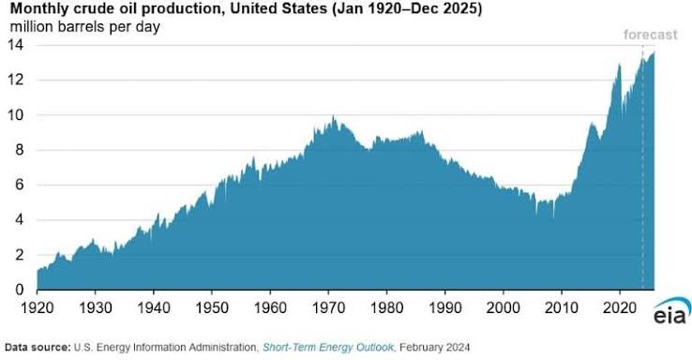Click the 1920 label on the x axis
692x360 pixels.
[x=38, y=307]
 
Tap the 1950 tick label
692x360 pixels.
[x=212, y=307]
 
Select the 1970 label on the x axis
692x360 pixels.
[x=328, y=307]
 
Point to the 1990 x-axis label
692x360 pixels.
[x=445, y=307]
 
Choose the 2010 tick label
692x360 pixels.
[x=562, y=307]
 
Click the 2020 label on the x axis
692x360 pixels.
[x=620, y=307]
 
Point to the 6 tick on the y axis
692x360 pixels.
[x=20, y=185]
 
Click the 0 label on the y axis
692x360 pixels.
[x=20, y=290]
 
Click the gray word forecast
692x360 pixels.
[x=650, y=35]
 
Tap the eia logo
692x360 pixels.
[x=671, y=311]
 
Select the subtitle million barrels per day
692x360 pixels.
[x=84, y=27]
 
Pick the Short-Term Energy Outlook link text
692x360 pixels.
[x=328, y=347]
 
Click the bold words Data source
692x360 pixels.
[x=38, y=347]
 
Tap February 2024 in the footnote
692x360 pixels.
[x=435, y=347]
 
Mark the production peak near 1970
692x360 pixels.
[x=333, y=115]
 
